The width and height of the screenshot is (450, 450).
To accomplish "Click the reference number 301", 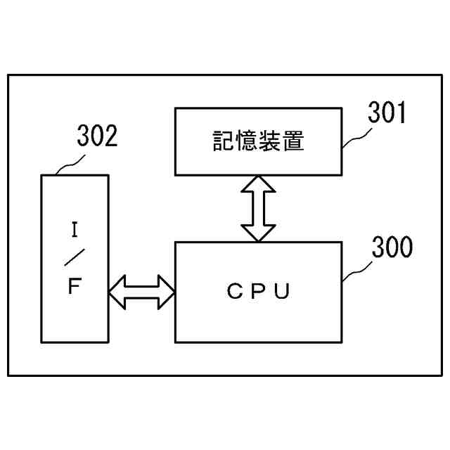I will [388, 112].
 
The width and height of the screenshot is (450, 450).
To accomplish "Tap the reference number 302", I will [97, 136].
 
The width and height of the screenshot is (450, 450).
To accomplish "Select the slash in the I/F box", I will [74, 258].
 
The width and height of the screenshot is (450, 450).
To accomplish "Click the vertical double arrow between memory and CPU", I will [258, 208].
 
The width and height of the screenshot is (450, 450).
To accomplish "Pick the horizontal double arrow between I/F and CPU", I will [141, 292].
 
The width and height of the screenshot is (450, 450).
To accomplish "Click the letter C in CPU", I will [233, 292].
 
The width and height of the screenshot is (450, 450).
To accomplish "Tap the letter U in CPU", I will [282, 292].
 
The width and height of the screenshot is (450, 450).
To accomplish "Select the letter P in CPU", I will [258, 292].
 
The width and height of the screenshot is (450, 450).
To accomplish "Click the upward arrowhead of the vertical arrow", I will [258, 184].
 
